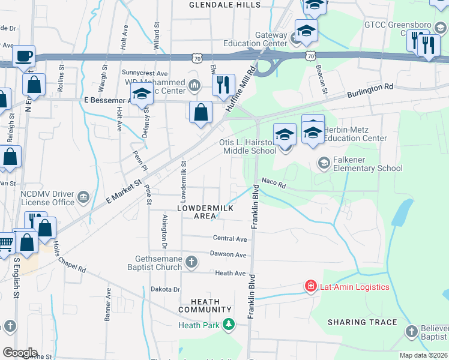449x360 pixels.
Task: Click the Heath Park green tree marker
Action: pyautogui.click(x=228, y=325)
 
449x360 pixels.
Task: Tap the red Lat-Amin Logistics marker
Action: pyautogui.click(x=310, y=286)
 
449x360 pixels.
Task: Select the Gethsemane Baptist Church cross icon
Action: pyautogui.click(x=191, y=261)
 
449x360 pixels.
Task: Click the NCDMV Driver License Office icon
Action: pyautogui.click(x=83, y=196)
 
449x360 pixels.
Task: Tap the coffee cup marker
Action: pyautogui.click(x=23, y=56)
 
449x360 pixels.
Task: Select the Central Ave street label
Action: pyautogui.click(x=231, y=239)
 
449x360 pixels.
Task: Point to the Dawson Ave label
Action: pyautogui.click(x=228, y=255)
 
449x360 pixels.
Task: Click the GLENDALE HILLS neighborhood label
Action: pyautogui.click(x=225, y=5)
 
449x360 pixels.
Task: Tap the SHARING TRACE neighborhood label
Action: pyautogui.click(x=362, y=322)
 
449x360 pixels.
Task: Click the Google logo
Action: pyautogui.click(x=20, y=353)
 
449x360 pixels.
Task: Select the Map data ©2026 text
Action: pyautogui.click(x=423, y=355)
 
